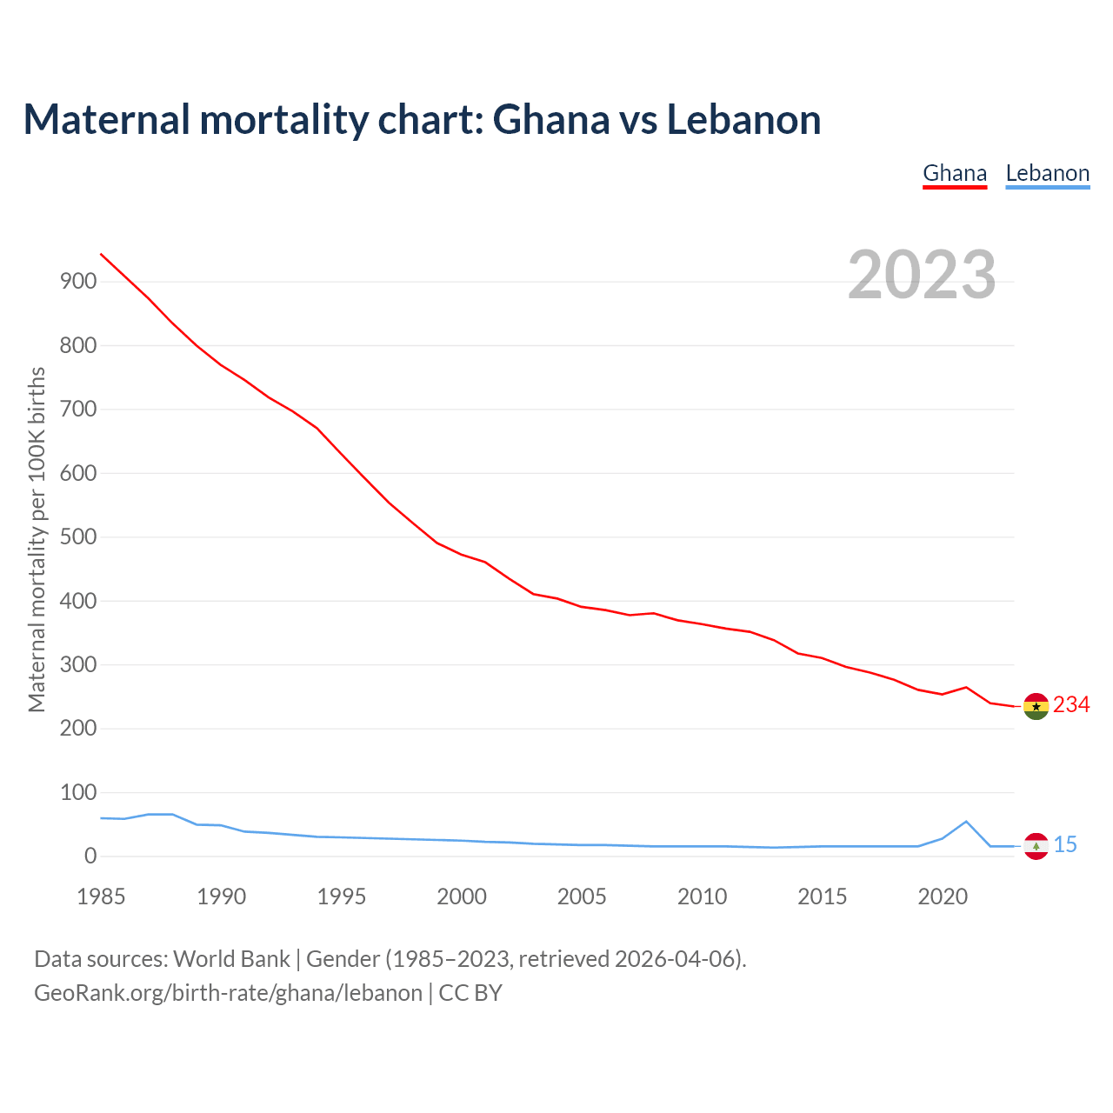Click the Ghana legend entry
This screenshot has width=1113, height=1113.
[955, 173]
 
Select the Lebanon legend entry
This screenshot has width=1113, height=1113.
[1047, 173]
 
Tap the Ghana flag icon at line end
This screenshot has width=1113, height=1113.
[1036, 707]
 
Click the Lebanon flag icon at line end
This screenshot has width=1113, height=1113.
[1036, 846]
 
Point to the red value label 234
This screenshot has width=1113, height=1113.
[1071, 704]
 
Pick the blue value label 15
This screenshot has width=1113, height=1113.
[1065, 844]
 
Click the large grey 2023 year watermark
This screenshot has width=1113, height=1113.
[922, 275]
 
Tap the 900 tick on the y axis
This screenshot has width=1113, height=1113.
[78, 281]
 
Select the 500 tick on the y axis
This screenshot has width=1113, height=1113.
[78, 537]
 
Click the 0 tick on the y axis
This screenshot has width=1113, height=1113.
[90, 856]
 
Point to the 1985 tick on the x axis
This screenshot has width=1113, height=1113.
[101, 896]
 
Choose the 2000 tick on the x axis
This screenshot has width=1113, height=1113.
[462, 896]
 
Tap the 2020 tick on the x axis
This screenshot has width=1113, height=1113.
[943, 896]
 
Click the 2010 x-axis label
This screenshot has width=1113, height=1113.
[702, 896]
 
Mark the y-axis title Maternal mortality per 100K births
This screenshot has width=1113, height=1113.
[37, 539]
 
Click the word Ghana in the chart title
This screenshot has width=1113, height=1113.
[551, 119]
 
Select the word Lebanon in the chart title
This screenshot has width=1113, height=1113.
[743, 119]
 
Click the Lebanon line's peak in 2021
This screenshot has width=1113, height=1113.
[966, 821]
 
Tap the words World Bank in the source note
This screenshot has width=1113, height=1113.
[231, 959]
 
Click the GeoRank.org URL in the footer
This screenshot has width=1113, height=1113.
[228, 993]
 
